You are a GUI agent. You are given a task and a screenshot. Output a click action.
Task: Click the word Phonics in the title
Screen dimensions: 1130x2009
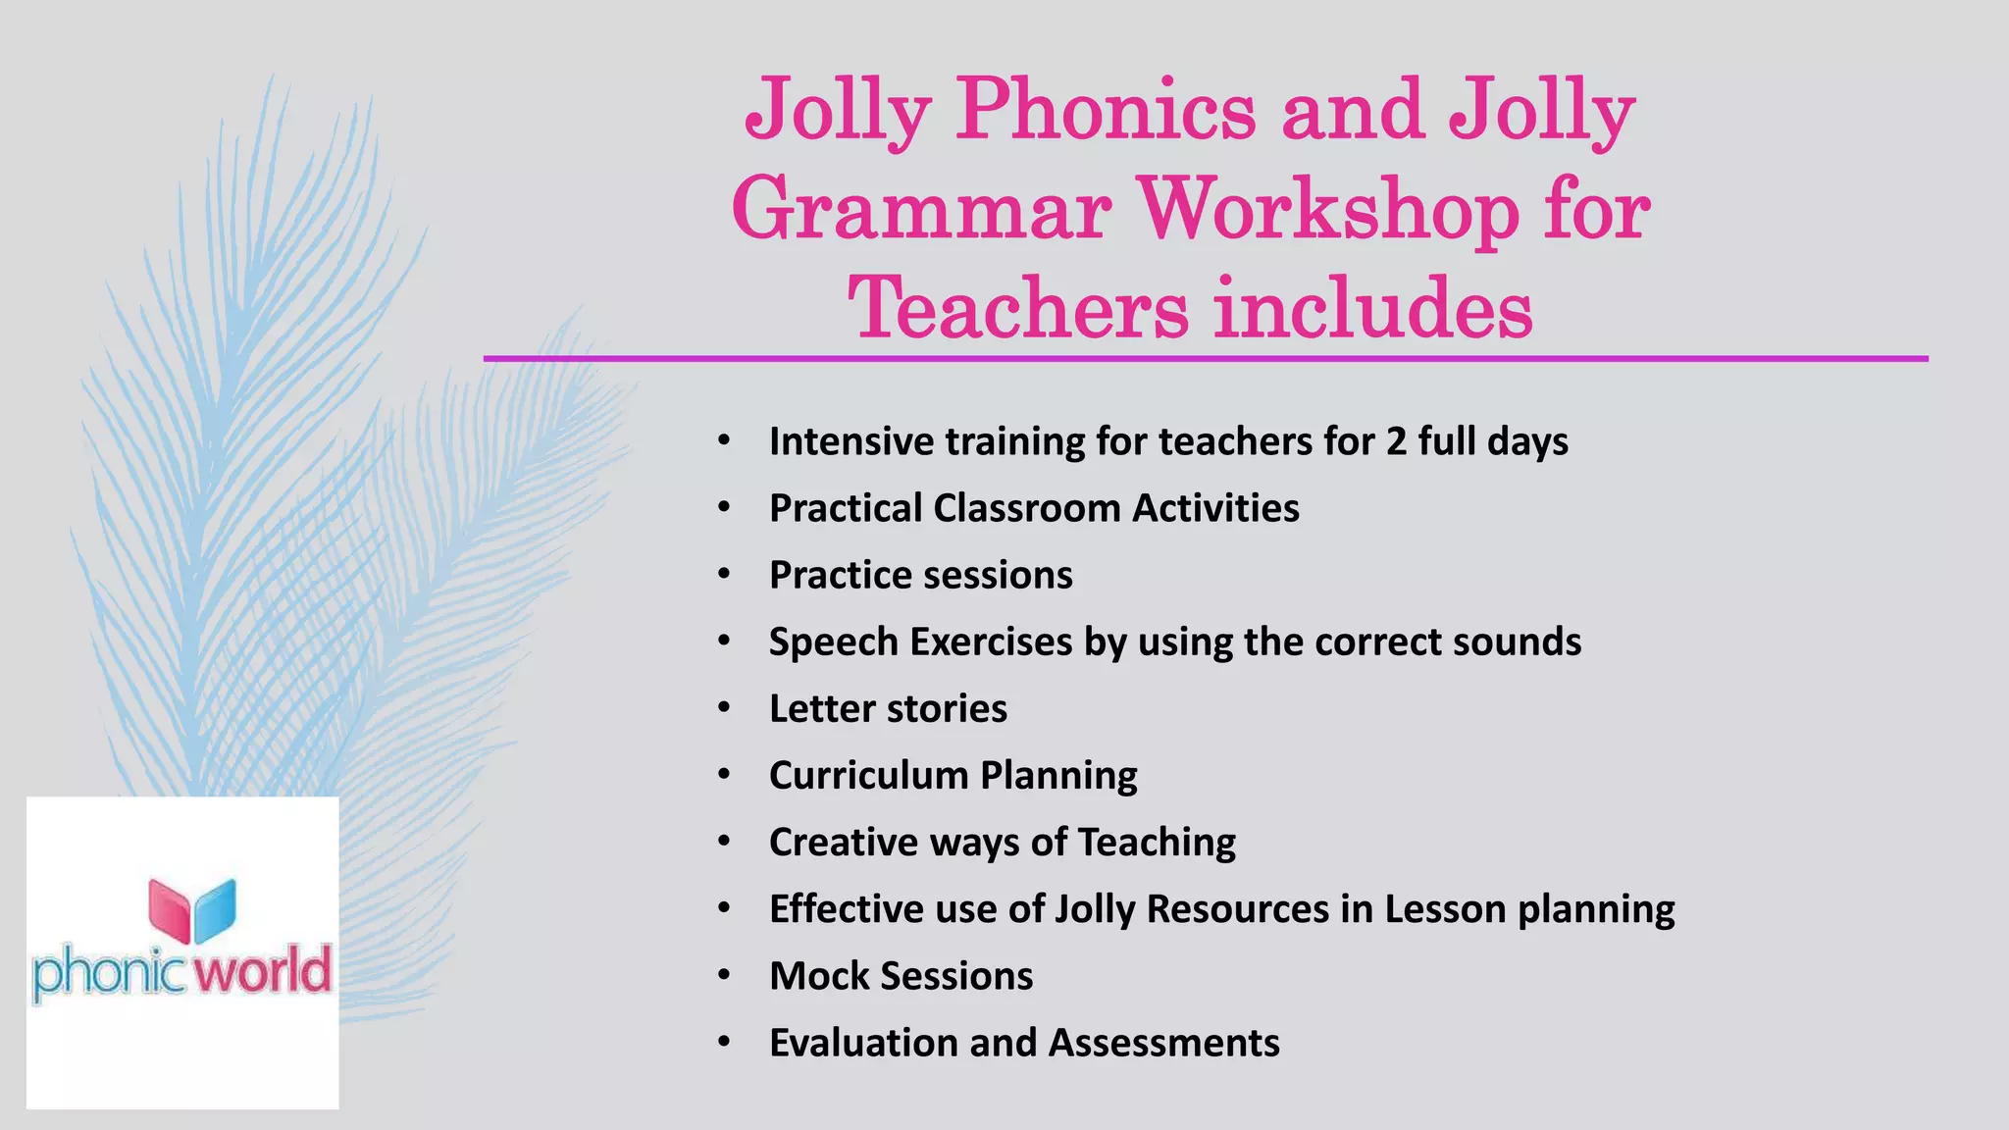coord(1106,110)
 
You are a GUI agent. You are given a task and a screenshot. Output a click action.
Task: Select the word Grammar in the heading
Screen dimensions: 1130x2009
coord(920,210)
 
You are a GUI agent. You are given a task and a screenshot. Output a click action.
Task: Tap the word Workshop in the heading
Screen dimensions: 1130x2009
coord(1327,210)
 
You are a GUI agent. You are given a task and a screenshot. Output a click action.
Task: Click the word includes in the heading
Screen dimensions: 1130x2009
coord(1373,308)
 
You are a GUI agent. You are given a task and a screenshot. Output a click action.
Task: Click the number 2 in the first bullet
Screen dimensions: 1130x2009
coord(1396,441)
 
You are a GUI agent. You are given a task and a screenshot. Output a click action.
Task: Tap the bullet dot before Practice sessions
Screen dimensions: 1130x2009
coord(724,574)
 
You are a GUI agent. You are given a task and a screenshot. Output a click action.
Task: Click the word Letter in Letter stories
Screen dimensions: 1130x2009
coord(822,708)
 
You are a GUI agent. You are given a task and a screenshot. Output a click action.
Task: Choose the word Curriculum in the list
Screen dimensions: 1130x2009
coord(868,775)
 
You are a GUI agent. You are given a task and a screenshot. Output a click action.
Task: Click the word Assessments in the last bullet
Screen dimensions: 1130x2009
coord(1163,1043)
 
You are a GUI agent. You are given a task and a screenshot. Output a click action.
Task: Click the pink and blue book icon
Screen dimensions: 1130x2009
coord(192,909)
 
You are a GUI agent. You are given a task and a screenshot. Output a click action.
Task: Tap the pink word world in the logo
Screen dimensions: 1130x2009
coord(262,971)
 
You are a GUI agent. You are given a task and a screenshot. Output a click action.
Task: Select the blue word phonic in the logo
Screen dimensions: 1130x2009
coord(108,973)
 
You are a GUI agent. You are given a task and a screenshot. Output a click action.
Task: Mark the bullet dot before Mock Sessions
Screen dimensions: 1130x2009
coord(724,975)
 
